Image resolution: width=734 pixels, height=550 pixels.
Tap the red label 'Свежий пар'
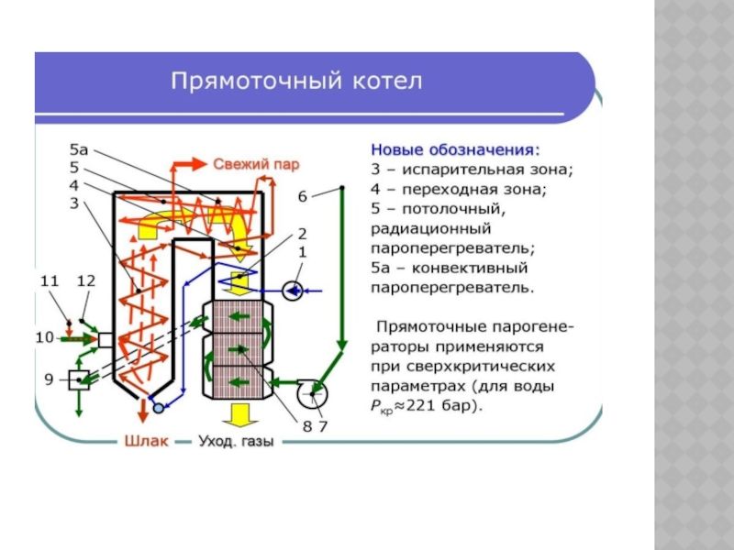pyautogui.click(x=256, y=164)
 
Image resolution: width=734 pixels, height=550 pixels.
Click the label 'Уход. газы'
pyautogui.click(x=237, y=442)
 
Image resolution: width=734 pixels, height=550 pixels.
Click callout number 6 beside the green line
pyautogui.click(x=302, y=195)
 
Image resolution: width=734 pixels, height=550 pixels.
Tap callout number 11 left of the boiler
pyautogui.click(x=50, y=280)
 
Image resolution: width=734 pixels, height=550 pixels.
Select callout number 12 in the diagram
pyautogui.click(x=86, y=280)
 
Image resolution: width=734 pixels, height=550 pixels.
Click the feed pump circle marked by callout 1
pyautogui.click(x=293, y=291)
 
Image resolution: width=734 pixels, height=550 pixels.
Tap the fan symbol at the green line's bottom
pyautogui.click(x=315, y=392)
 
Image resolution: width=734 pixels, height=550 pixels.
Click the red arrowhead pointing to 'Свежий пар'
pyautogui.click(x=200, y=163)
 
